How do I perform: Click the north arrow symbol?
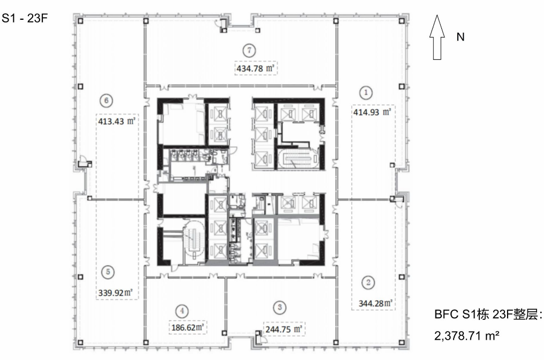pos(437,37)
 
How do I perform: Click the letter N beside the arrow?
pos(461,37)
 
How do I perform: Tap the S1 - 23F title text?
pos(24,18)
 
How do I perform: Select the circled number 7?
pos(249,51)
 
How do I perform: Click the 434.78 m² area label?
pos(256,68)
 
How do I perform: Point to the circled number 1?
pos(366,93)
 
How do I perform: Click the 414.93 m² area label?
pos(372,112)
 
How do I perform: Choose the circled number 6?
pos(106,101)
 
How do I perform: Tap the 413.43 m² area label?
pos(117,121)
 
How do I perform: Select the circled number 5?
pos(108,272)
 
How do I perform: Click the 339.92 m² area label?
pos(116,293)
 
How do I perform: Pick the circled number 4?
pos(182,311)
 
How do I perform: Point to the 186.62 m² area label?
pos(187,327)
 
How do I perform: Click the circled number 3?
pos(280,307)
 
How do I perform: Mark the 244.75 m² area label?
pos(284,329)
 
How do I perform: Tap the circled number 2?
pos(368,282)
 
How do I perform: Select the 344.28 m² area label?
pos(376,303)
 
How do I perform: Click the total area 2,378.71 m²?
pos(466,336)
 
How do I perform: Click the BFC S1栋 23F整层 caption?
pos(488,315)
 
